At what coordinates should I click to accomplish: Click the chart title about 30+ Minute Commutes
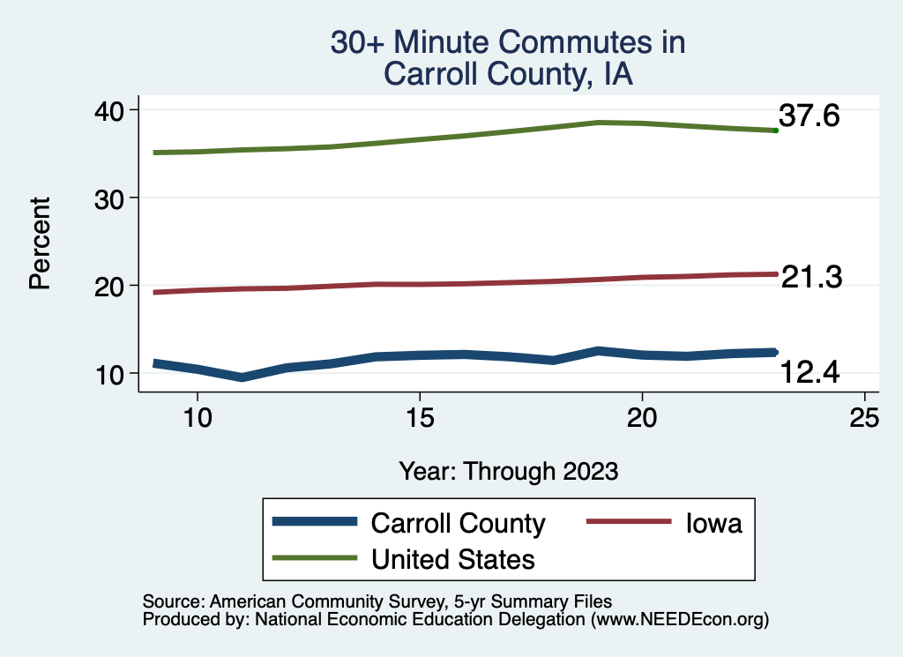[x=507, y=58]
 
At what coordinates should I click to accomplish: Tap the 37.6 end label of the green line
[x=809, y=116]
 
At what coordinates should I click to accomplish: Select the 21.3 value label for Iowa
[x=811, y=277]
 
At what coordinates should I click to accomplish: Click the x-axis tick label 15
[x=420, y=417]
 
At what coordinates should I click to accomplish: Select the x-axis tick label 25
[x=864, y=417]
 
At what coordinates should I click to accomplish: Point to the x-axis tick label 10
[x=198, y=417]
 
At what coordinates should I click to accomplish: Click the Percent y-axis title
[x=39, y=243]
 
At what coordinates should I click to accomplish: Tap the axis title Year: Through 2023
[x=508, y=470]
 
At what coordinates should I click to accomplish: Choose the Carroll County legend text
[x=459, y=523]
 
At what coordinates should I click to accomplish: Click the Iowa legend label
[x=715, y=523]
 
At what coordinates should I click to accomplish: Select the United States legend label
[x=453, y=558]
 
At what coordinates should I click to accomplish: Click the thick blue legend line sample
[x=316, y=522]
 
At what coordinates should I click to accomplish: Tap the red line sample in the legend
[x=628, y=522]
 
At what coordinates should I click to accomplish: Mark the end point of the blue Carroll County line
[x=774, y=352]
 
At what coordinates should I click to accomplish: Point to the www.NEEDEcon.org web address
[x=679, y=620]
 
